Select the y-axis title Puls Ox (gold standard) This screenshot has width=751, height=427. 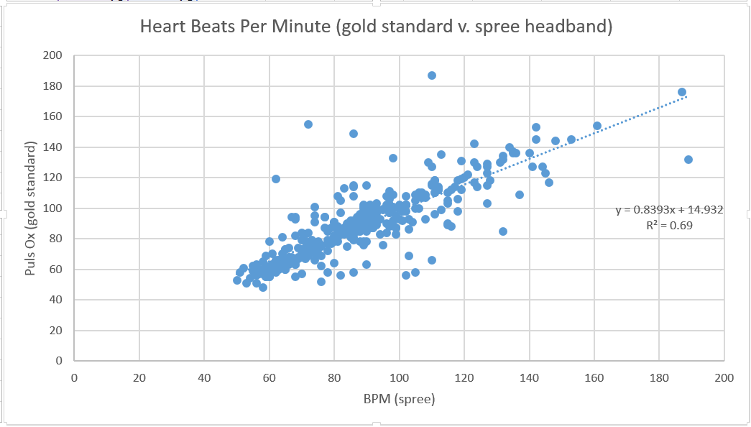31,208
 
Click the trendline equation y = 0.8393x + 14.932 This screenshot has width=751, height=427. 668,210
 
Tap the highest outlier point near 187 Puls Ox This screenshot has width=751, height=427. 432,75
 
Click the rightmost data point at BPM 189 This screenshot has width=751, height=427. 688,160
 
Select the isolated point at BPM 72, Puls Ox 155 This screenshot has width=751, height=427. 308,124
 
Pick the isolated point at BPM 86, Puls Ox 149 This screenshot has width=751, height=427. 354,134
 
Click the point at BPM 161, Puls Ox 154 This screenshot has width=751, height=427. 597,126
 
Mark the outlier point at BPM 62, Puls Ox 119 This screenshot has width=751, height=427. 276,179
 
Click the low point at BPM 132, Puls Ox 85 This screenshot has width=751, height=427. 503,231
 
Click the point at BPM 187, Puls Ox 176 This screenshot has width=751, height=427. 682,92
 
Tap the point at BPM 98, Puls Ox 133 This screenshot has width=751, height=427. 393,158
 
